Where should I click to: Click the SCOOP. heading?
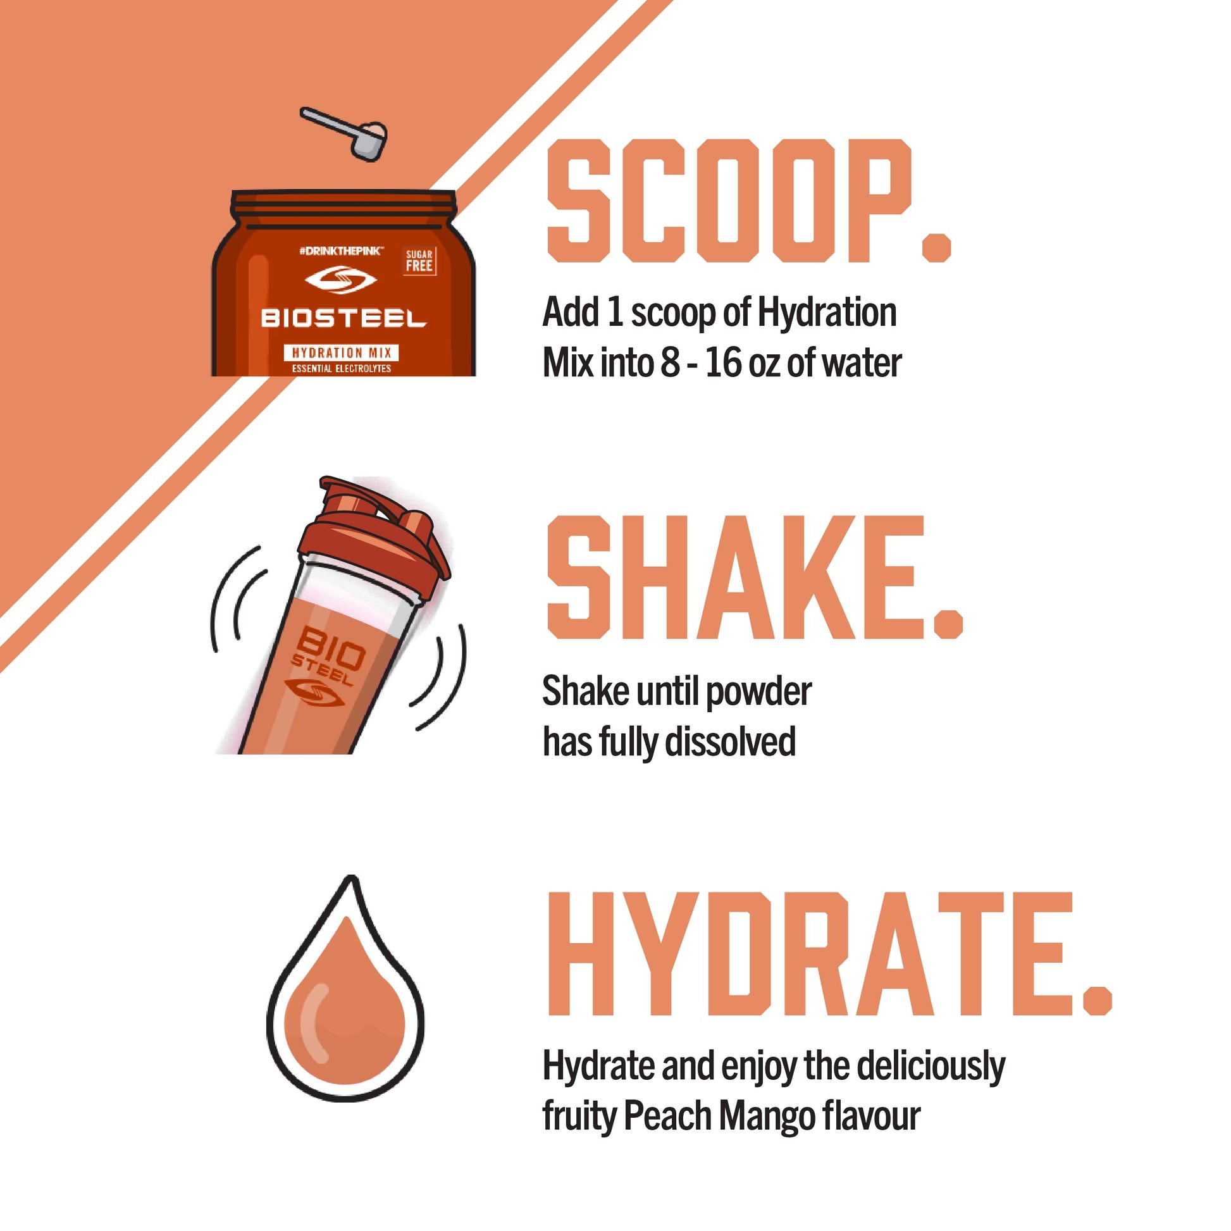[750, 201]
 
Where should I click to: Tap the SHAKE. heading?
[755, 578]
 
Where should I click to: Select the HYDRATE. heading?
[829, 953]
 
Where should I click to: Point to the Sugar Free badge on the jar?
[419, 261]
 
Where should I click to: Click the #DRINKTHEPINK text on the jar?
[341, 252]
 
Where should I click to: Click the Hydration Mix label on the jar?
[342, 352]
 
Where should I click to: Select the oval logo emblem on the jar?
[341, 280]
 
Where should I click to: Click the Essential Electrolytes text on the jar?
[342, 368]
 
